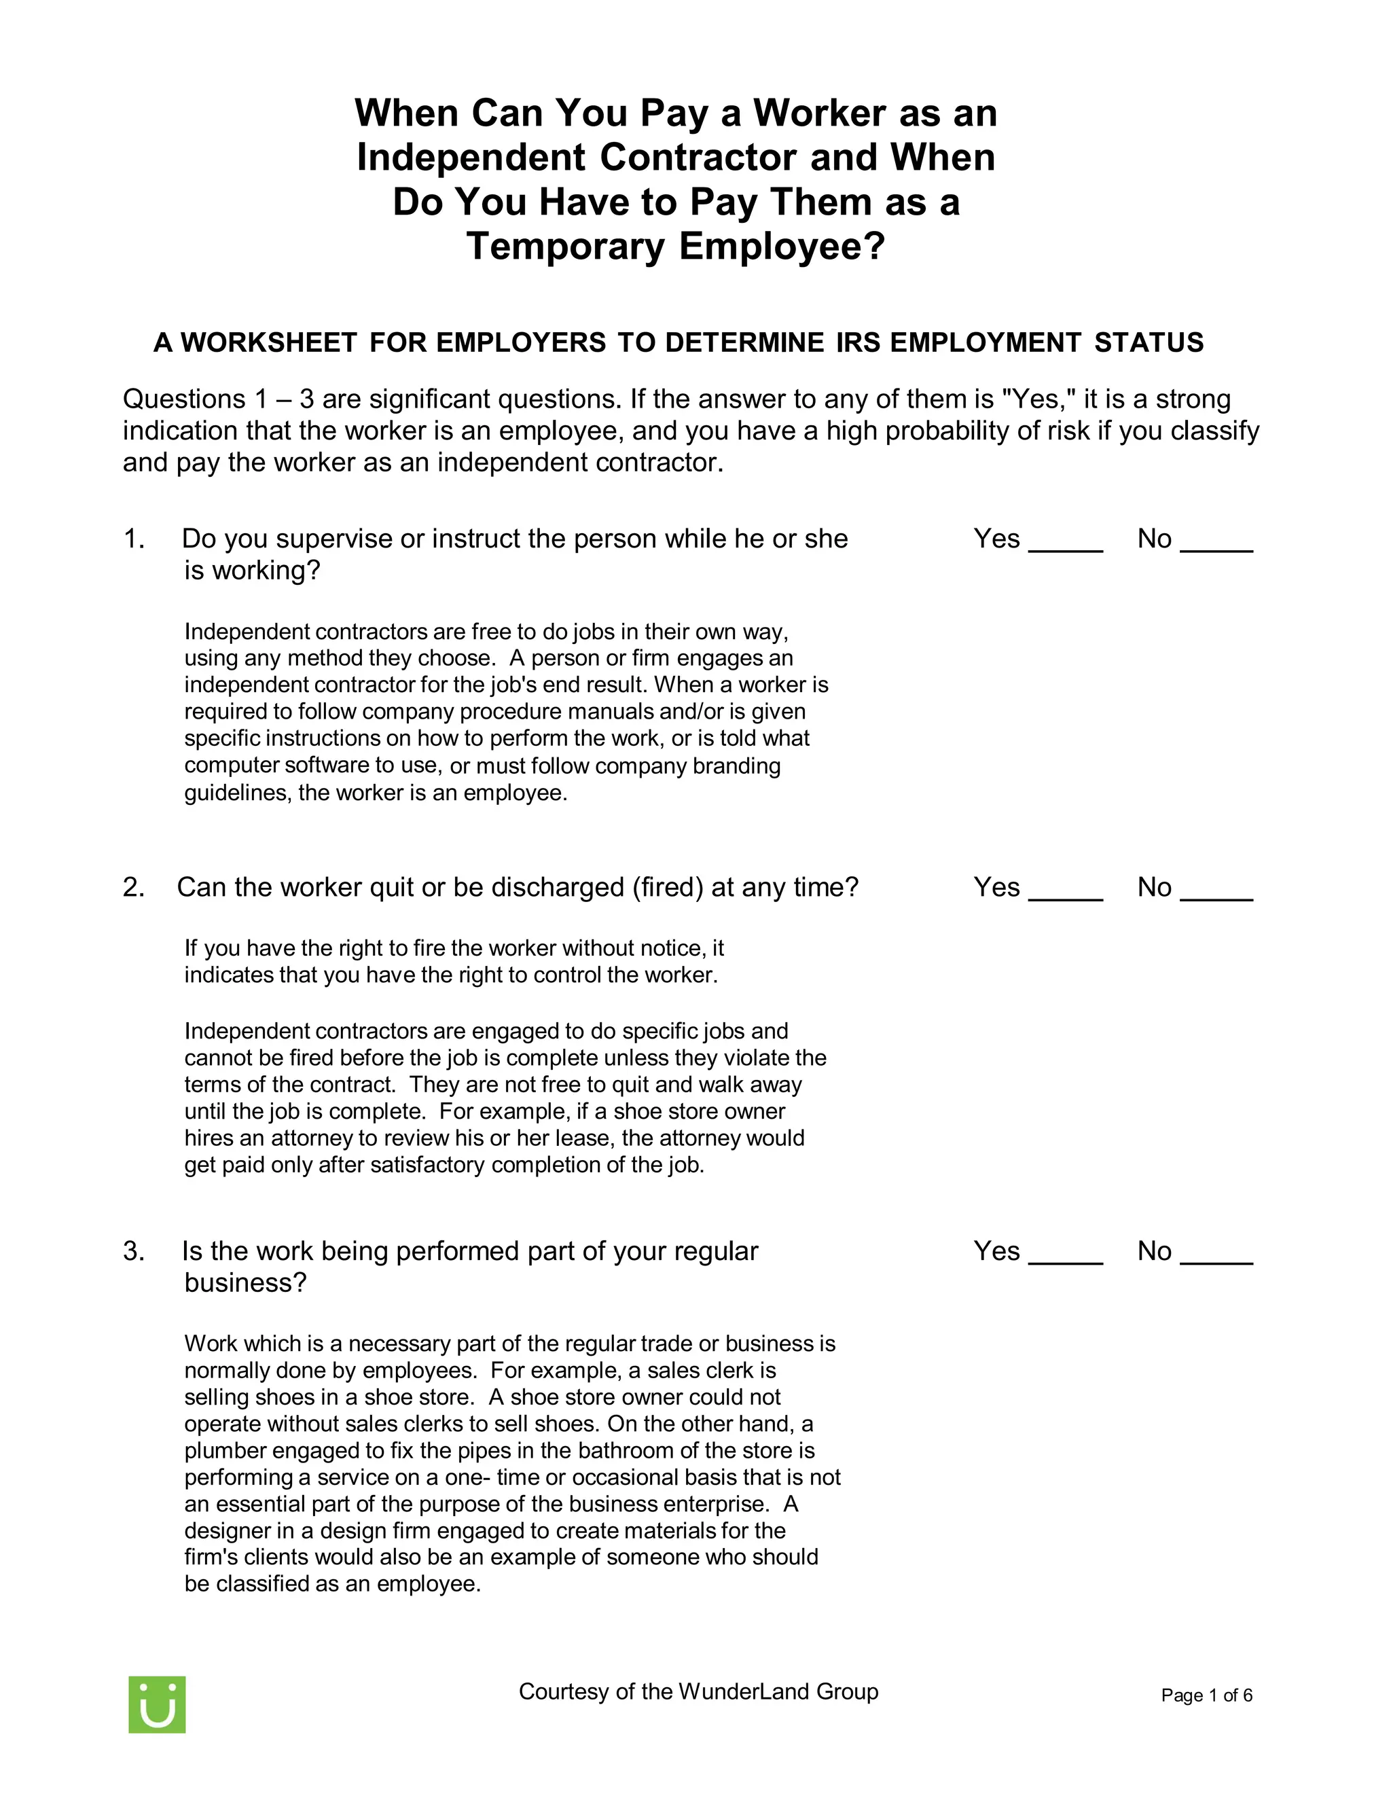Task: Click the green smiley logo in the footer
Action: [157, 1704]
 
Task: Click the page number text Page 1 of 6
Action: [1206, 1695]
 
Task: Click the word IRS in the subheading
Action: [859, 343]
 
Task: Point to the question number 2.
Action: [134, 888]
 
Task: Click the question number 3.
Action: [134, 1251]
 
